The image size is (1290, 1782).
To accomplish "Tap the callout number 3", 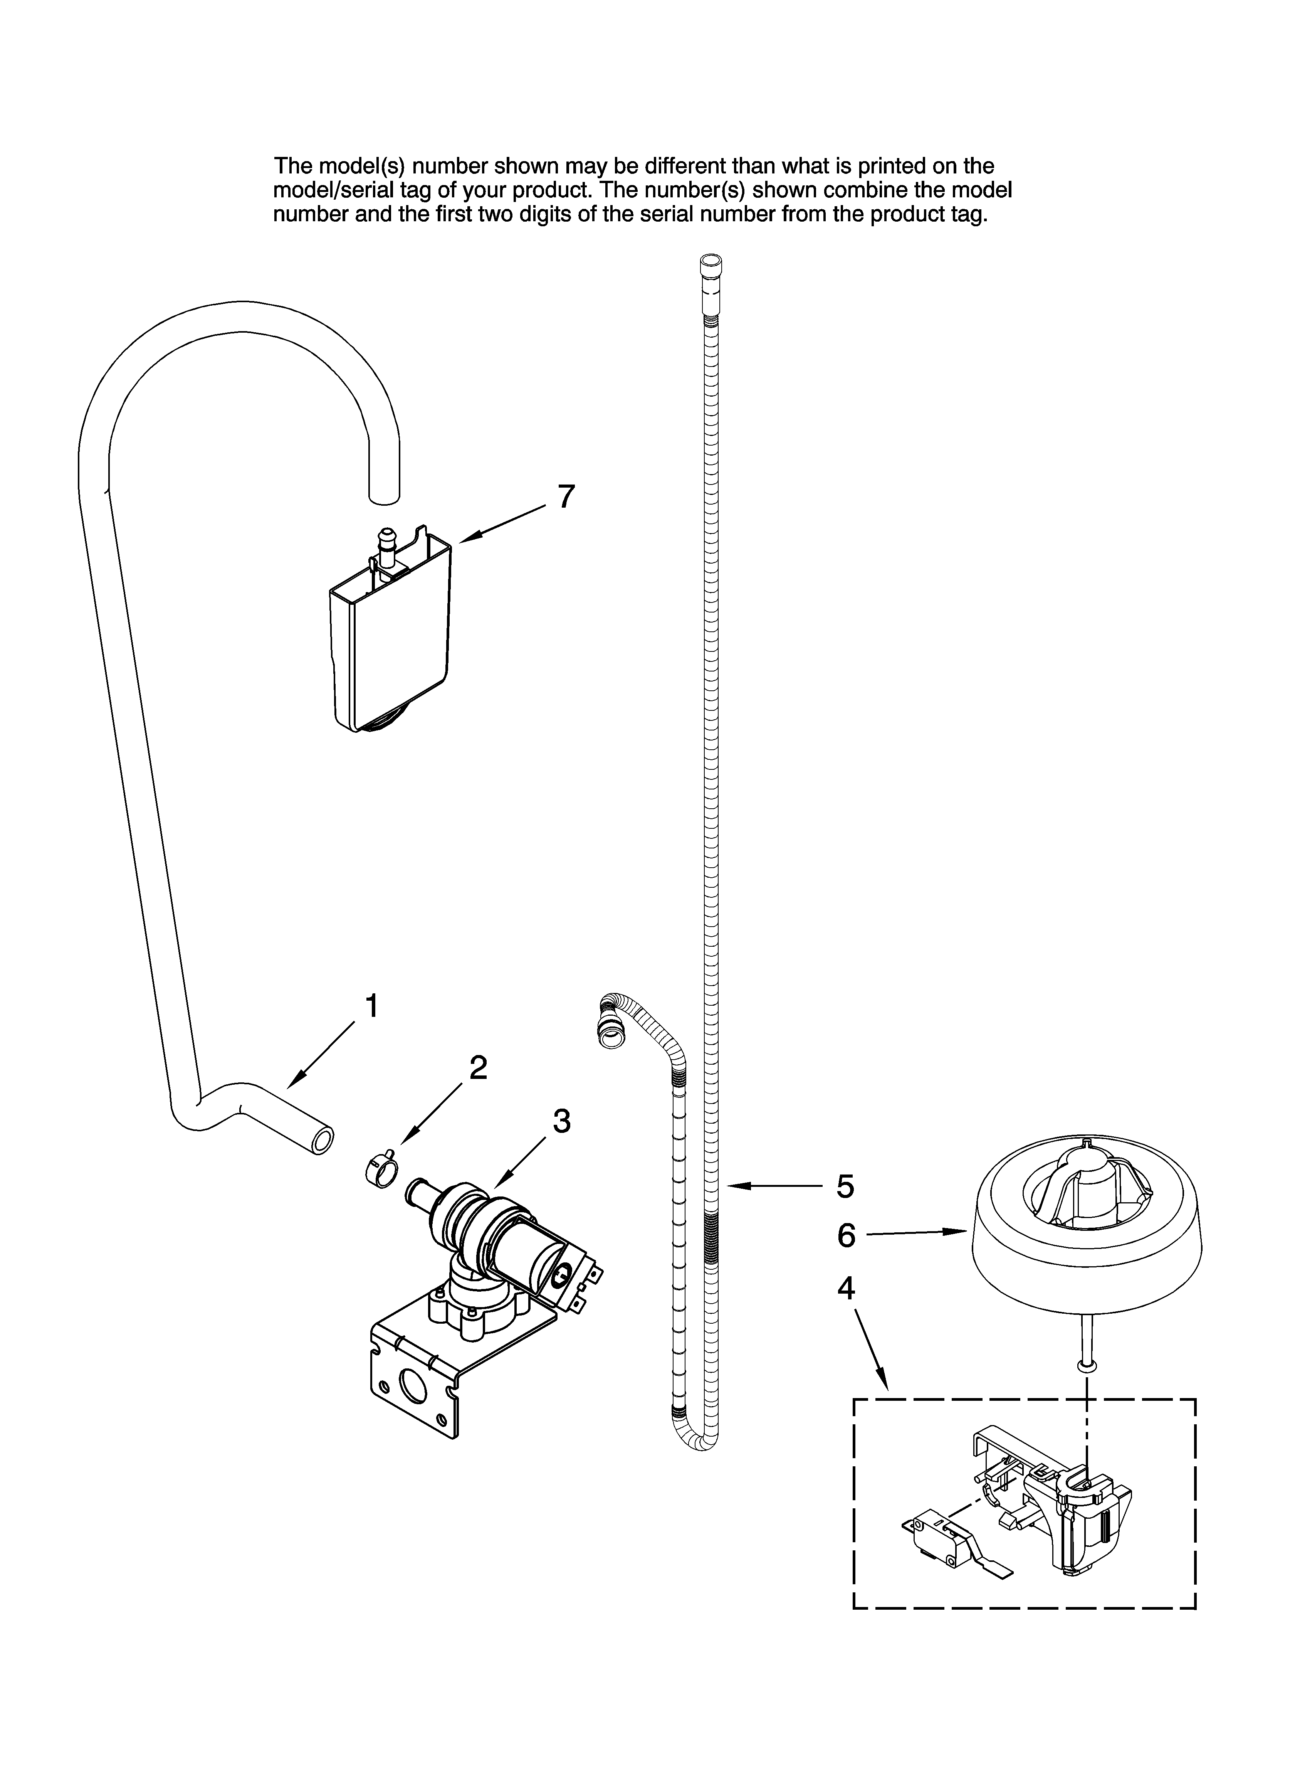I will tap(561, 1121).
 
